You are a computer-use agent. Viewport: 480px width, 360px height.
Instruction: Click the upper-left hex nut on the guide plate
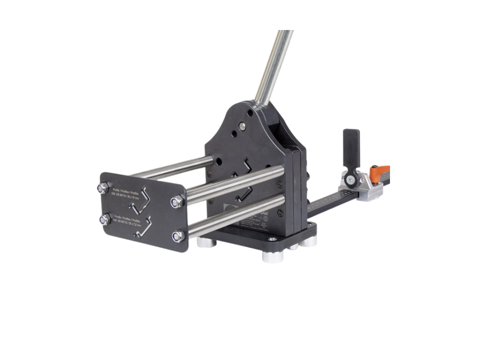(100, 188)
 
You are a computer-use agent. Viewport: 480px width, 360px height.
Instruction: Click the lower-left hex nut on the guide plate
(103, 218)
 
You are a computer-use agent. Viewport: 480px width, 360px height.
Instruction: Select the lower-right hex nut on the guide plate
(177, 236)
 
